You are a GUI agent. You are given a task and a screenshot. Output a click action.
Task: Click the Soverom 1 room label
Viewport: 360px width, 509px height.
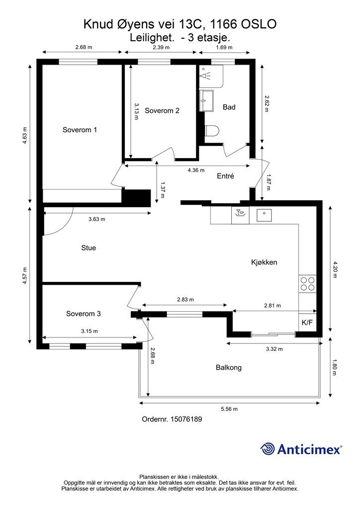80,130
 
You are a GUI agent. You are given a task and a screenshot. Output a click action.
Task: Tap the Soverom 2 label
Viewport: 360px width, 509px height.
162,111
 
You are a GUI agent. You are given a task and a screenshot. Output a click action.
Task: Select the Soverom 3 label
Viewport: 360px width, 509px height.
84,314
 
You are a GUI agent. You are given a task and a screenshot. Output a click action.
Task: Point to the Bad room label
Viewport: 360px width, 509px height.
229,107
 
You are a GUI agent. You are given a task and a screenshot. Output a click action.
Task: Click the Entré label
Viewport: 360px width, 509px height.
225,176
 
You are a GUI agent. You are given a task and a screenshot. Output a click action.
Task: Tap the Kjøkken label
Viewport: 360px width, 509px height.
264,262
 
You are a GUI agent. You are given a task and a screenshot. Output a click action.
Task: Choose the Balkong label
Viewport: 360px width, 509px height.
229,367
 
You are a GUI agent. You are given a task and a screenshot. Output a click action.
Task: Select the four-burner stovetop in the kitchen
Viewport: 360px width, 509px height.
307,283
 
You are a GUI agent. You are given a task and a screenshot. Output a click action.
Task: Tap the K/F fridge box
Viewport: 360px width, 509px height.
307,322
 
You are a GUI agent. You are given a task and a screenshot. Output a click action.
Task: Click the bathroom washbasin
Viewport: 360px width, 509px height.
206,100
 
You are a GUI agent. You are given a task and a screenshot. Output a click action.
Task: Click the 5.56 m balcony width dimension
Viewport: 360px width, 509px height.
229,409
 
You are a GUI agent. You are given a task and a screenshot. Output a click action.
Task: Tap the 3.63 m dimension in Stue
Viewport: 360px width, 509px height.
97,219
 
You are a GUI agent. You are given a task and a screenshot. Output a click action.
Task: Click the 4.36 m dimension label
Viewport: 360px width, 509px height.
196,170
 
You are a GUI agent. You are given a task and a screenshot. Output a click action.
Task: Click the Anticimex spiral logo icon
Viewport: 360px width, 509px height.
268,449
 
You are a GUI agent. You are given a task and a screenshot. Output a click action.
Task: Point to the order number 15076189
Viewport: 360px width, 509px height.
186,419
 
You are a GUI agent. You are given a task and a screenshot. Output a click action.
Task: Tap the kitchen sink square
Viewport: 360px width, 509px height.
264,215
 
